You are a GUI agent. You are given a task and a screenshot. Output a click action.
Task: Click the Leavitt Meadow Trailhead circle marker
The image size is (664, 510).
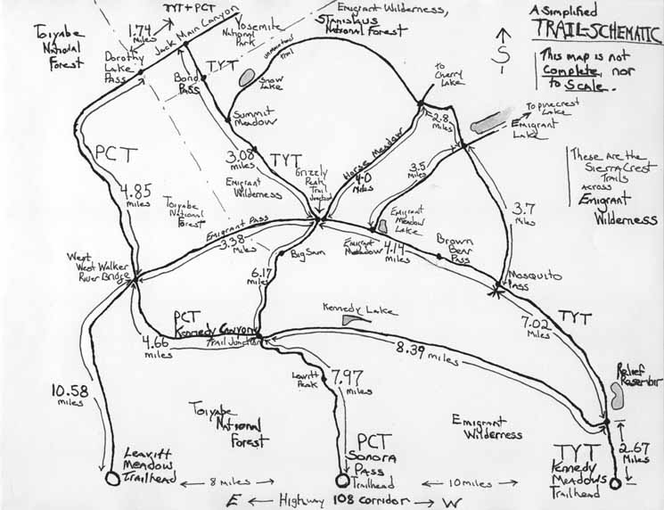(x=112, y=478)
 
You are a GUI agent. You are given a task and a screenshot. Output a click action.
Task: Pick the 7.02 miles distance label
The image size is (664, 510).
(x=539, y=328)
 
